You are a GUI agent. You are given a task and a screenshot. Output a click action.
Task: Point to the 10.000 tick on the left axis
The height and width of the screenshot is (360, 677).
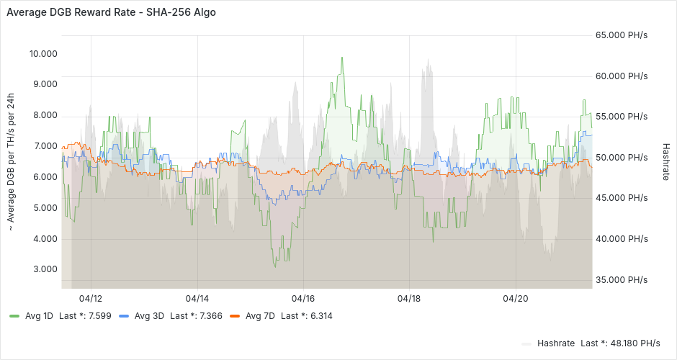tap(43, 54)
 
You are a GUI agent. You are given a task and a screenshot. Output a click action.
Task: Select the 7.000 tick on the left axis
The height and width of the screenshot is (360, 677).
tap(43, 146)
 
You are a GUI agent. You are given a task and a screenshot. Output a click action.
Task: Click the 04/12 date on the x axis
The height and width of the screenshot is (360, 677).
tap(91, 298)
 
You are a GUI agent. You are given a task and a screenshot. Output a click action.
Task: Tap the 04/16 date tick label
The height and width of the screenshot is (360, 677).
tap(303, 298)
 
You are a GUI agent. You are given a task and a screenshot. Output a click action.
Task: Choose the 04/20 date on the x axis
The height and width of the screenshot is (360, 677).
tap(516, 298)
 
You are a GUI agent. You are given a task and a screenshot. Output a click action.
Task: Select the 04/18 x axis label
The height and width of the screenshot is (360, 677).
tap(409, 298)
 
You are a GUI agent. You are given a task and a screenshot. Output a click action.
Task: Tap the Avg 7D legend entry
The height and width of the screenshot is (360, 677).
tap(260, 316)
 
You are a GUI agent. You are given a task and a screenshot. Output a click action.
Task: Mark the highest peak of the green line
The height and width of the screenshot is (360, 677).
tap(342, 58)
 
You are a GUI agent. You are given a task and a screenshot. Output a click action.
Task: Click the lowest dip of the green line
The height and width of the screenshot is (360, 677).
tap(274, 267)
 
